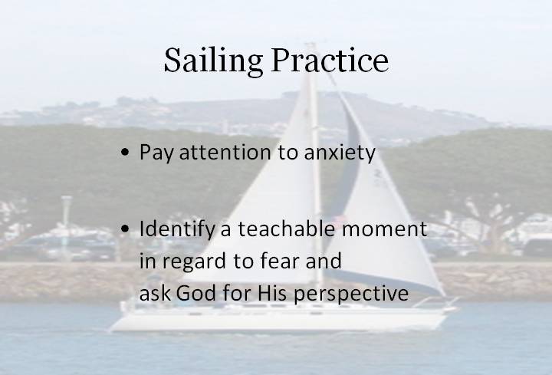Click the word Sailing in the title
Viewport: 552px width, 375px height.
(213, 61)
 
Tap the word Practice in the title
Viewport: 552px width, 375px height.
(330, 60)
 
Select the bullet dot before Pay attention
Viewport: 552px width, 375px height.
(125, 153)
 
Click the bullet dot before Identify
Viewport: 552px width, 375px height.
(125, 229)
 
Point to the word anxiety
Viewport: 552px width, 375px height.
(340, 153)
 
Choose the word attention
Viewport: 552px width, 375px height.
(225, 152)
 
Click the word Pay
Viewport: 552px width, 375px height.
(156, 153)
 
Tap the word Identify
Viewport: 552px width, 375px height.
(177, 229)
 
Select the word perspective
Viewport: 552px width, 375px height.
(351, 294)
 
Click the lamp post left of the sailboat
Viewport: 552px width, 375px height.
(66, 225)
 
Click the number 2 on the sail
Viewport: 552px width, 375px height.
(379, 173)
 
